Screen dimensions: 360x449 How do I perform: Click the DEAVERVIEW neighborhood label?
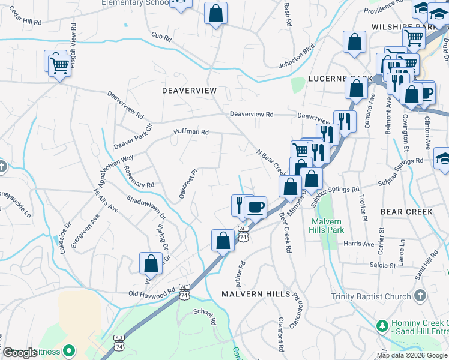189,90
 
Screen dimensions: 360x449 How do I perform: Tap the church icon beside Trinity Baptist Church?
420,296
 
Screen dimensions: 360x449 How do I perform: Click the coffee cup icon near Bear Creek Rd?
256,208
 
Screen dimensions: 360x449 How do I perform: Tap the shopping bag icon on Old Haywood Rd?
151,263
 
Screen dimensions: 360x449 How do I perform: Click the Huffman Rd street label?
191,131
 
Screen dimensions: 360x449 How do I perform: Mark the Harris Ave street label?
359,244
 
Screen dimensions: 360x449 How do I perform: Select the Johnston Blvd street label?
297,56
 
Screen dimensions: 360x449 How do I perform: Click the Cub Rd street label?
161,37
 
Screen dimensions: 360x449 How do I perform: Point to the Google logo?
19,352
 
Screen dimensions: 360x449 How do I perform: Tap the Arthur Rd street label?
240,273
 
